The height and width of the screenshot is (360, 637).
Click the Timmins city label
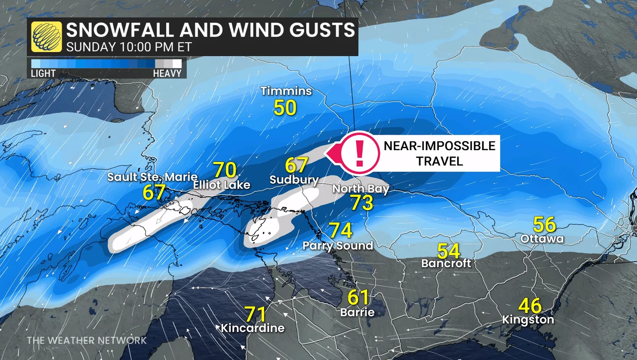[286, 91]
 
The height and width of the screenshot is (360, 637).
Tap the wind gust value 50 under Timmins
[285, 108]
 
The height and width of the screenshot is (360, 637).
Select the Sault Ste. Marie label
[152, 177]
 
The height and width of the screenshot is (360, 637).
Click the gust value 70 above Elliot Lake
[225, 170]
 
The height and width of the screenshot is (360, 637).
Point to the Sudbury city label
[294, 180]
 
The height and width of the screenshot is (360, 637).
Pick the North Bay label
[361, 188]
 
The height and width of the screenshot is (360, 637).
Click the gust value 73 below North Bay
[362, 203]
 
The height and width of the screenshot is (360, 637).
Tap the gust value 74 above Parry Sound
[340, 230]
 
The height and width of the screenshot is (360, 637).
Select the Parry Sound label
[338, 245]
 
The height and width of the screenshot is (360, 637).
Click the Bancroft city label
[446, 263]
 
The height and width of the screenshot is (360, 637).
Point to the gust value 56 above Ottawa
[544, 224]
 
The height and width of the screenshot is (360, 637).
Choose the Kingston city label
[528, 319]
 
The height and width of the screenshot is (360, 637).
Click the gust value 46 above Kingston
[530, 306]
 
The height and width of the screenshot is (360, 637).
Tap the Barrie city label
[357, 312]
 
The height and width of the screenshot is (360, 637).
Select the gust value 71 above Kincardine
[255, 314]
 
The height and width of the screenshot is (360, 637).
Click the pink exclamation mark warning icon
[359, 153]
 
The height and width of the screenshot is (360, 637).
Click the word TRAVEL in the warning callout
[439, 161]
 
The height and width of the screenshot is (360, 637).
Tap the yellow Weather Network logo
[46, 37]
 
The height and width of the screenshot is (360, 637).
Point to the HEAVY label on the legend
[167, 73]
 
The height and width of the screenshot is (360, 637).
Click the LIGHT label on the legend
[43, 73]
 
